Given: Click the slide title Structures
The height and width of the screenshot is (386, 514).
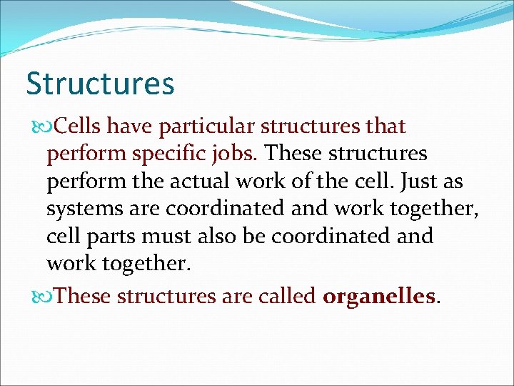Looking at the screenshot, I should click(x=100, y=84).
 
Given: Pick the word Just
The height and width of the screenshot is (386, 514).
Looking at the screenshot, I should click(x=420, y=181).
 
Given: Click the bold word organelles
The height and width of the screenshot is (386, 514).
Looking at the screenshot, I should click(x=378, y=295).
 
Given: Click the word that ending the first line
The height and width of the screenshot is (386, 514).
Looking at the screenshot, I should click(x=385, y=127).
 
